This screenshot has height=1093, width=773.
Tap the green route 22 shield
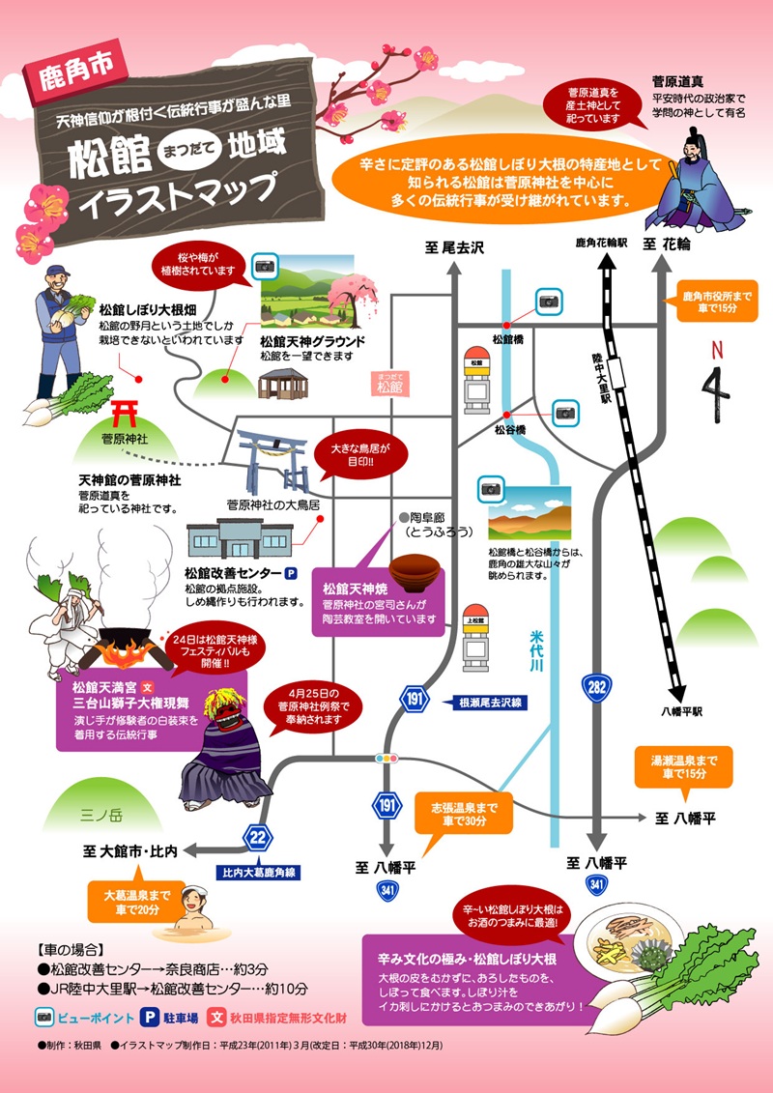coord(257,837)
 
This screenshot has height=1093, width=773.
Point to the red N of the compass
coord(715,349)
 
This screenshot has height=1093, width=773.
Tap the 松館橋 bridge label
coord(507,339)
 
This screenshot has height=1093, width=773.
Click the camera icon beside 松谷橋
coord(563,413)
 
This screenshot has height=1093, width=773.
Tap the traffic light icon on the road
coord(388,759)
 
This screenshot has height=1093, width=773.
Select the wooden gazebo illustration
coord(284,384)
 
